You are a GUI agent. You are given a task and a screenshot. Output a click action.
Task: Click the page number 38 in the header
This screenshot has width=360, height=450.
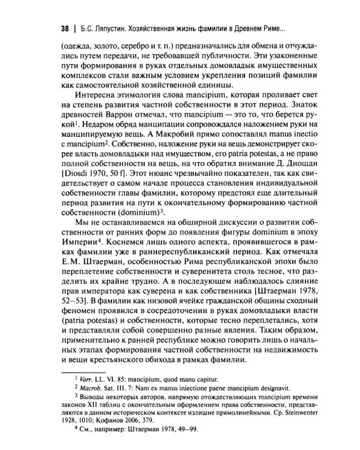(58, 28)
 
